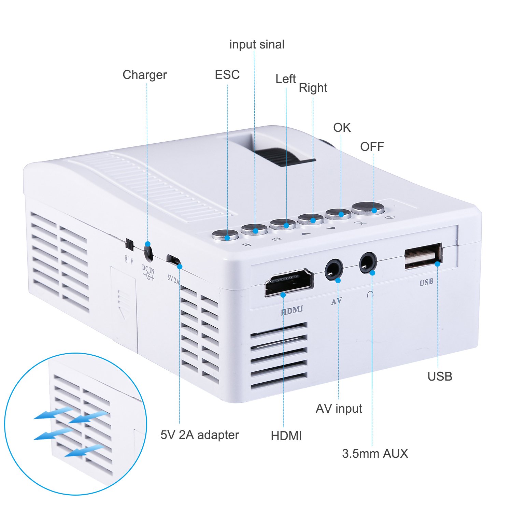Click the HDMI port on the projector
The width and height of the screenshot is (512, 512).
coord(289,283)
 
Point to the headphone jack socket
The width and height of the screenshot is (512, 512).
coord(368,263)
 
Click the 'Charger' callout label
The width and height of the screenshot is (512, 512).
coord(144,75)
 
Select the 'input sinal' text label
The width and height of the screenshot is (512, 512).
coord(257,44)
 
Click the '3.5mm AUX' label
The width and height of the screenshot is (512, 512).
coord(375,453)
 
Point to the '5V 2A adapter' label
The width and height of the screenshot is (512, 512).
coord(200,435)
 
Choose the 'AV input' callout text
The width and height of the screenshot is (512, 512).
coord(339,408)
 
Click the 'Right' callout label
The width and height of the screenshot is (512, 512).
coord(313,88)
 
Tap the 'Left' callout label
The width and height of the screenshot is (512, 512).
coord(285,79)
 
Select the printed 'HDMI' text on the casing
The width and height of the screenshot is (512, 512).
coord(292,310)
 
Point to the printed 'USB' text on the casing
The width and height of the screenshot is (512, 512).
coord(426,282)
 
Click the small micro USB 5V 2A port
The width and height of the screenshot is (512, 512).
coord(173,259)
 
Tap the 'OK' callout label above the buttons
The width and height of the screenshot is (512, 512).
coord(342,128)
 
